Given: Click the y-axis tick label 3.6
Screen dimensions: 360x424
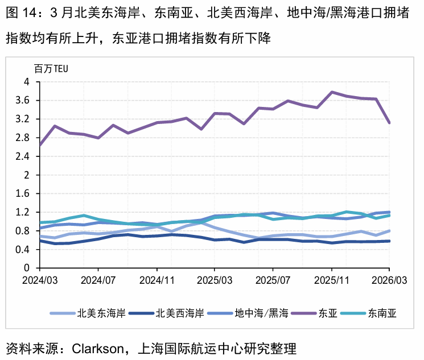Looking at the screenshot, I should [23, 101].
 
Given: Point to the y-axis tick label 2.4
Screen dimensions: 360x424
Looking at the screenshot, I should [23, 156].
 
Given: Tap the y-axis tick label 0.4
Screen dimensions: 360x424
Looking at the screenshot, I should [23, 249].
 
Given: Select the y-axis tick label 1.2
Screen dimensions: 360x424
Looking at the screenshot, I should [23, 212].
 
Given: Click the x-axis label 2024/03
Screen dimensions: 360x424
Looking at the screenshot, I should [40, 280].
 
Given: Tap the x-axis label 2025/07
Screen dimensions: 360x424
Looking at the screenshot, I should [273, 280].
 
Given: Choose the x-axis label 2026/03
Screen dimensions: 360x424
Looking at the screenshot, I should [389, 280].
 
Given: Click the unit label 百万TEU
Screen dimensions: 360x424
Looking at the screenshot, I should [51, 69].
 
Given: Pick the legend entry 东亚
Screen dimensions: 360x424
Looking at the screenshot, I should [328, 313].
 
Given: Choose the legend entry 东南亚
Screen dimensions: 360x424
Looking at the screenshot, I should [382, 313].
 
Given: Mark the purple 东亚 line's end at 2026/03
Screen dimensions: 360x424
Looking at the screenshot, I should [389, 122].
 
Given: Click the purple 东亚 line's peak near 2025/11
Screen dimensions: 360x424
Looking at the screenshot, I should [332, 92].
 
